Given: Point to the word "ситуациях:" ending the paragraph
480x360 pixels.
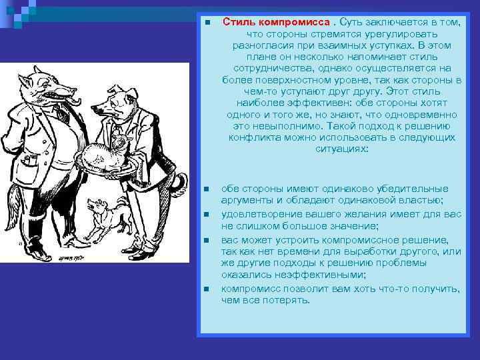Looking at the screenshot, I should click(341, 149).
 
